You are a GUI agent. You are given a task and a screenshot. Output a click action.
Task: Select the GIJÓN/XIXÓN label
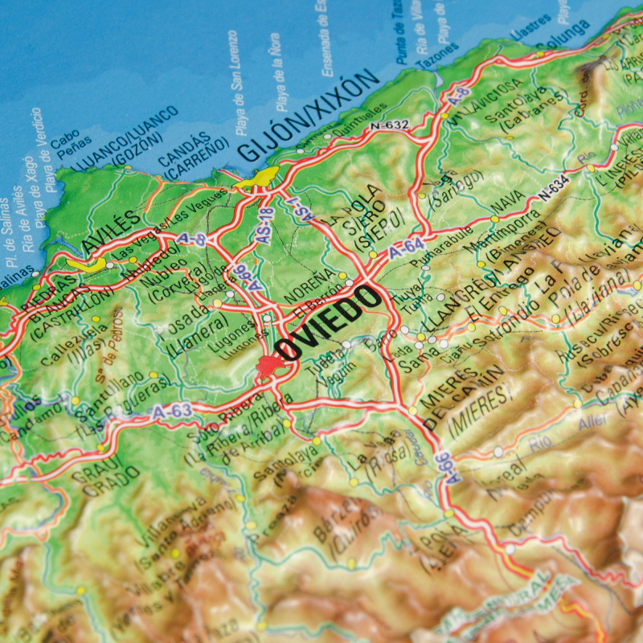point(309,114)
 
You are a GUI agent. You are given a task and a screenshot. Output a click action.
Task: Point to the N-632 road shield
point(389,125)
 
